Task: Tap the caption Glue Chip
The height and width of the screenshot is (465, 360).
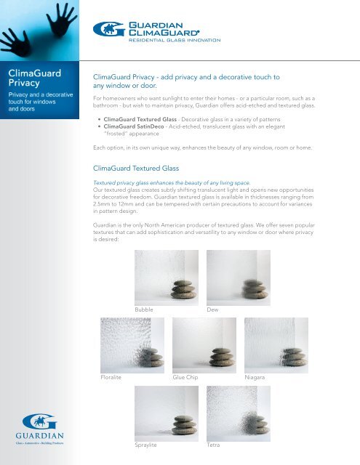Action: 188,379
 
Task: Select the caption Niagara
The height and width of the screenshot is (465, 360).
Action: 260,379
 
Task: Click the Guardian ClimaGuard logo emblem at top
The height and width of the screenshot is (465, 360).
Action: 107,30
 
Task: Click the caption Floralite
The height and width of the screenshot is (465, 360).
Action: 113,379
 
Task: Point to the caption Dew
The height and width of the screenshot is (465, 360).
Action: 213,310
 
